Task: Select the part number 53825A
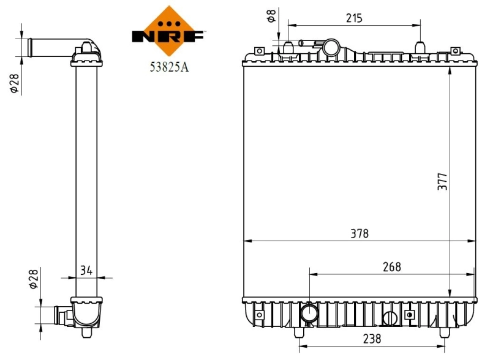click(168, 68)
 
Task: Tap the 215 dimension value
click(354, 18)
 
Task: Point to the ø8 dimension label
click(270, 17)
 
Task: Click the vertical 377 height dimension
click(443, 182)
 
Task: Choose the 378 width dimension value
click(360, 233)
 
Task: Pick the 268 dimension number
click(391, 266)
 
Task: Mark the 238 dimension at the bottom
click(371, 338)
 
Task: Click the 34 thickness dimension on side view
click(87, 269)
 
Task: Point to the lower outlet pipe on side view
click(63, 315)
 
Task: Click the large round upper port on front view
click(333, 47)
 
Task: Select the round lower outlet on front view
click(309, 314)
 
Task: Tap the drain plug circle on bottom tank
click(390, 318)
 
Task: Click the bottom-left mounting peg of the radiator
click(299, 332)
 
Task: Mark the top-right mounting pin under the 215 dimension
click(420, 48)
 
